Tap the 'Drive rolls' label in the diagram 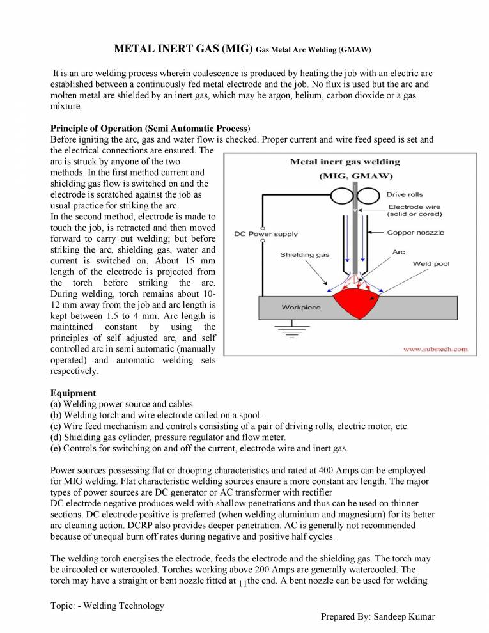(x=404, y=194)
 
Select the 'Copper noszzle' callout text (x=415, y=233)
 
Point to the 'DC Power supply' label (x=266, y=234)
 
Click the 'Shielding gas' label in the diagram (x=305, y=255)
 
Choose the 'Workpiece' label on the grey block (x=301, y=308)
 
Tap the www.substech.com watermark (x=434, y=349)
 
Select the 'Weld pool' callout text (x=431, y=263)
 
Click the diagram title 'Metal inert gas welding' (x=345, y=162)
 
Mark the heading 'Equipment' (x=73, y=393)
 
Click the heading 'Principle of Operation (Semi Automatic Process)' (x=150, y=127)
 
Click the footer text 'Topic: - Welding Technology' (x=107, y=606)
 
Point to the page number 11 (x=242, y=583)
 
